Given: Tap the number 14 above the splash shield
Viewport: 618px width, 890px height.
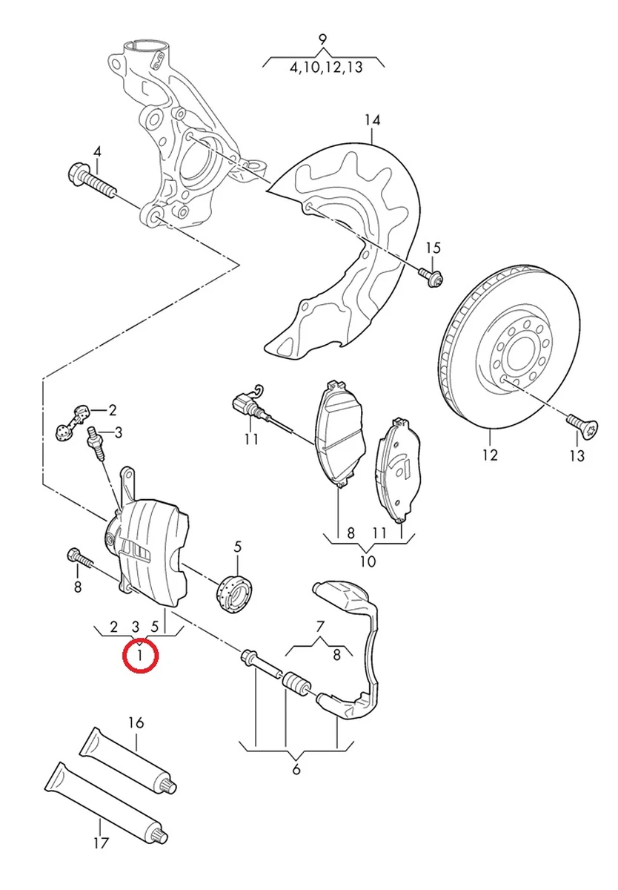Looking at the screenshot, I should [371, 119].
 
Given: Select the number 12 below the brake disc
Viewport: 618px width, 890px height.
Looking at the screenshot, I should [490, 455].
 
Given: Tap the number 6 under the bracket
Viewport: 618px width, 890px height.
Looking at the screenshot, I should [296, 769].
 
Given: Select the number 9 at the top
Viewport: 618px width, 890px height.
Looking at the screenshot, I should [322, 39].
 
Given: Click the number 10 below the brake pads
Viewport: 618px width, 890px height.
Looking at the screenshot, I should [368, 561].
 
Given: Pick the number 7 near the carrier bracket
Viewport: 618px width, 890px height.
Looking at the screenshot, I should [320, 624].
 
